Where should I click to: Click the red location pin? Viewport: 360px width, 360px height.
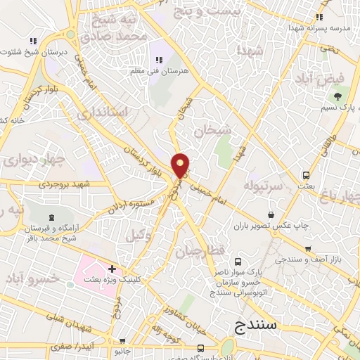pyautogui.click(x=181, y=165)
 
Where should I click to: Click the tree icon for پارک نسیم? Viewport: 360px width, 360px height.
pyautogui.click(x=340, y=94)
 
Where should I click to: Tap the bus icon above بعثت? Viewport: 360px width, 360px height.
pyautogui.click(x=305, y=175)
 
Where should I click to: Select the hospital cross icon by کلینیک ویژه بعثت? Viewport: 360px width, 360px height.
pyautogui.click(x=112, y=269)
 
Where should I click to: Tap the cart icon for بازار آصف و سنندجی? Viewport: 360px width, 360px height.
pyautogui.click(x=308, y=248)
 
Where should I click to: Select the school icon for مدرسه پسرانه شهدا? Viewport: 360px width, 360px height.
pyautogui.click(x=320, y=17)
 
